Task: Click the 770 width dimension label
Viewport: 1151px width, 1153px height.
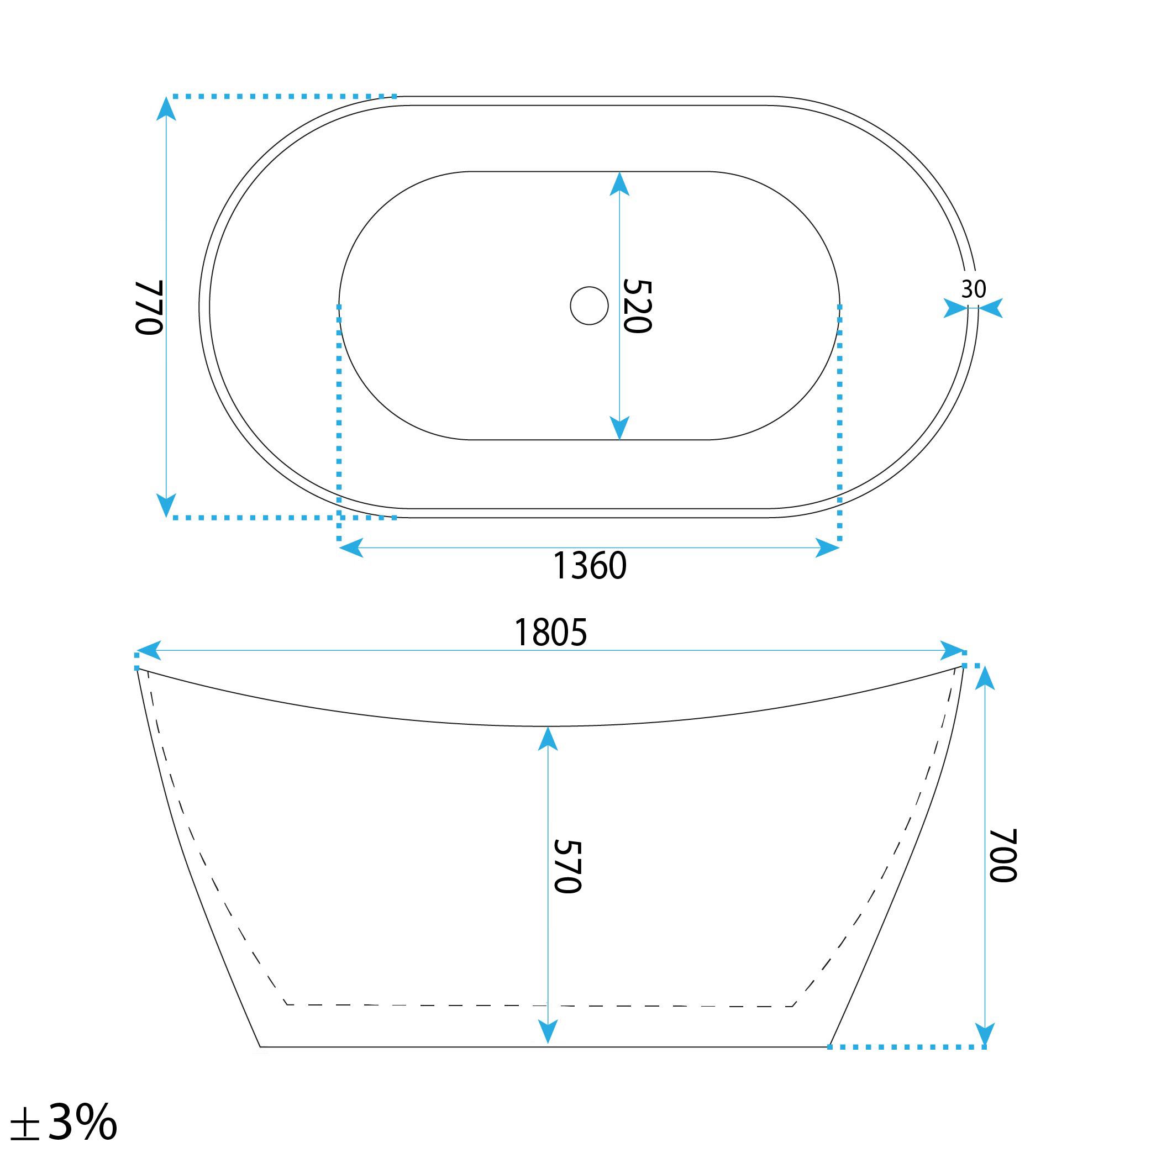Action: click(x=149, y=307)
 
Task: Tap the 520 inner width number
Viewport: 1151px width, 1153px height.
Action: click(x=637, y=306)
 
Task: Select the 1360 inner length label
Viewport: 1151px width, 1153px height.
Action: click(x=590, y=566)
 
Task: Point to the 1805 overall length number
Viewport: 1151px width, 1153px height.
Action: click(x=550, y=633)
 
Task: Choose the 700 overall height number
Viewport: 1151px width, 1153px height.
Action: click(x=1003, y=855)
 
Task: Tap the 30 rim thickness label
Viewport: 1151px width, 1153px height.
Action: click(x=974, y=289)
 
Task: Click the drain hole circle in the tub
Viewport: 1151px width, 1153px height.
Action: click(x=589, y=306)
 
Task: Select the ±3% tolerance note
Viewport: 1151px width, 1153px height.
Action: click(x=64, y=1122)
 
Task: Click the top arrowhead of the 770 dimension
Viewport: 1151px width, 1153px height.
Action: click(x=166, y=109)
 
